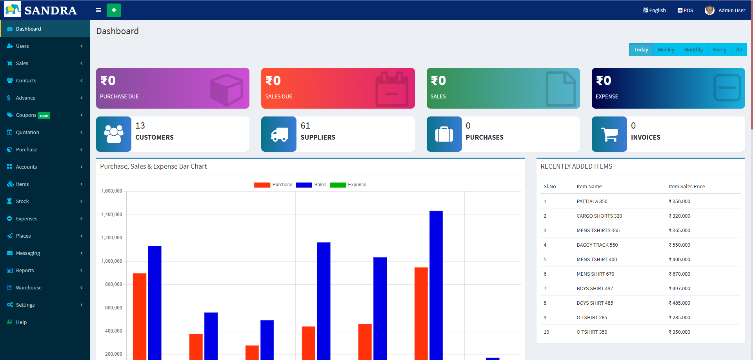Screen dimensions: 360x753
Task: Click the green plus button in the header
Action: [x=114, y=10]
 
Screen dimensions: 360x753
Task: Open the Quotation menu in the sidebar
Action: [x=27, y=133]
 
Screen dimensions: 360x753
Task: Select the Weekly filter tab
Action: [x=666, y=50]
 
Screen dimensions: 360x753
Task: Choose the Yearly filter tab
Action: [x=719, y=50]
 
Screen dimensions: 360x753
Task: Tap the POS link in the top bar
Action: [x=686, y=11]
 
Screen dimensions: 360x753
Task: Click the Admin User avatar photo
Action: [x=709, y=11]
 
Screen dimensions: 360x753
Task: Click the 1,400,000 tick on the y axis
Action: [x=112, y=215]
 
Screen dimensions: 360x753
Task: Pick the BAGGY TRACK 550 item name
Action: [x=597, y=245]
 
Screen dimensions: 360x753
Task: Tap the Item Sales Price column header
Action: [x=686, y=187]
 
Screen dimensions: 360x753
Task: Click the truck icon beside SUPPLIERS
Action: [x=279, y=134]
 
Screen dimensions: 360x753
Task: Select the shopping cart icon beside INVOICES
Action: [x=609, y=134]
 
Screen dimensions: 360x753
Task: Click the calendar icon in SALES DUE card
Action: [x=392, y=89]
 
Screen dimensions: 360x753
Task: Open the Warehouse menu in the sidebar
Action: [x=29, y=288]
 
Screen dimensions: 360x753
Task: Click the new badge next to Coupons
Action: [x=44, y=116]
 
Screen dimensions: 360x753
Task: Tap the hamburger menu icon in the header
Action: [x=98, y=10]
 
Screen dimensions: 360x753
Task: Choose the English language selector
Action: [x=655, y=11]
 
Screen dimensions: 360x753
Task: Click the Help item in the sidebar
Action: [x=21, y=322]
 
